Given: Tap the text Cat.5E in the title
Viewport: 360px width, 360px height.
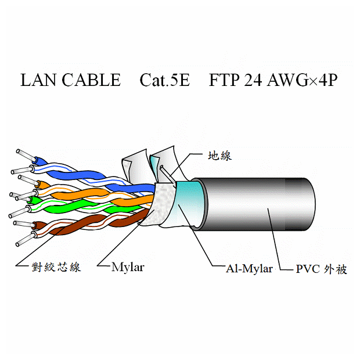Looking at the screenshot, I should coord(164,80).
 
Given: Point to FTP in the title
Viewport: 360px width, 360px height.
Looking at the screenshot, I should coord(224,80).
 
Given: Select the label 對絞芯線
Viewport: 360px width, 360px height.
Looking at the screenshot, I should coord(56,267).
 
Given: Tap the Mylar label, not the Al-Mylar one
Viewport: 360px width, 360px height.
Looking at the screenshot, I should coord(127,267).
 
